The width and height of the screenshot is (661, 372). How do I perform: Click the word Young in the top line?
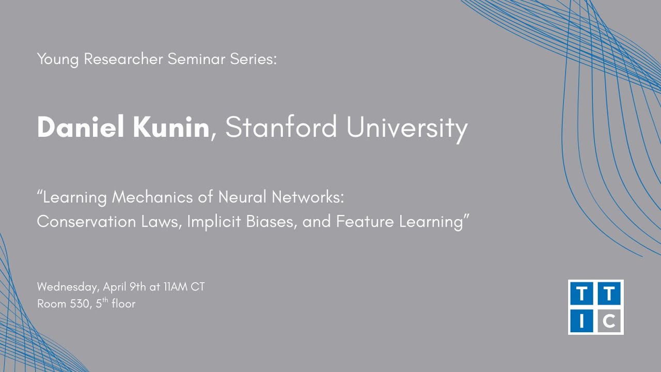pos(58,59)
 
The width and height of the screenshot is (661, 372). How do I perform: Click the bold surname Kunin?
pos(171,127)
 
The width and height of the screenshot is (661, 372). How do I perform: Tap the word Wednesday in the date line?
pos(68,287)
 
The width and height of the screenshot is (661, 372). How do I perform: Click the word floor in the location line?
pos(123,304)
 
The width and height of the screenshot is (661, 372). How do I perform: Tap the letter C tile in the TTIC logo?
pos(609,321)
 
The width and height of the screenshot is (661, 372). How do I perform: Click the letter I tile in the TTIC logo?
pos(582,321)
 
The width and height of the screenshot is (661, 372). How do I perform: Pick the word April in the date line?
pos(115,287)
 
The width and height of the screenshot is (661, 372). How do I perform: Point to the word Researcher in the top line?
pos(123,59)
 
